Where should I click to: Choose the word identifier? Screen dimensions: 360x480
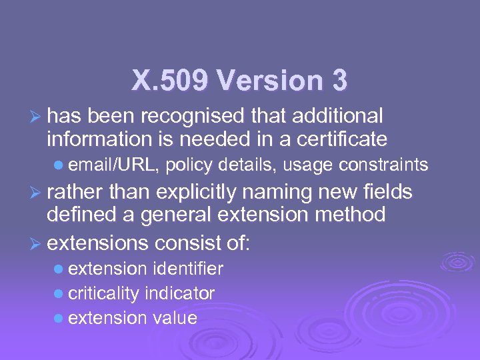(x=188, y=269)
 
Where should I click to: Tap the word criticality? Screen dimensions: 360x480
(x=104, y=293)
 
